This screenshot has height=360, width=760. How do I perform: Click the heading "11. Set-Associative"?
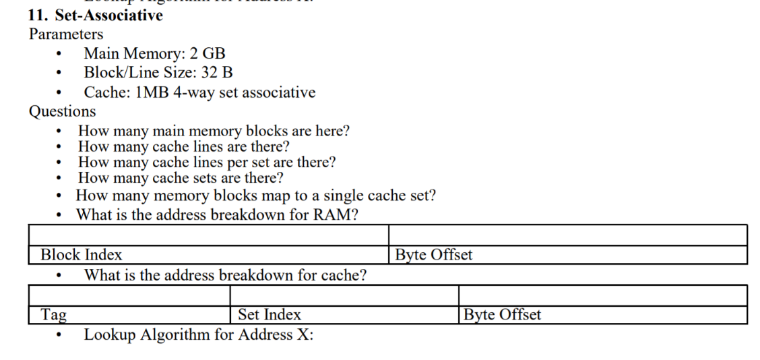tap(95, 16)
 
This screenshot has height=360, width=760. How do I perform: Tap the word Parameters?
tap(66, 34)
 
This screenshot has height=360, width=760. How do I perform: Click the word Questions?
tap(62, 111)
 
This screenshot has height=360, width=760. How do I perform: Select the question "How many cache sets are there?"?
tap(181, 179)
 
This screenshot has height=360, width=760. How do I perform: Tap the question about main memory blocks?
tap(214, 130)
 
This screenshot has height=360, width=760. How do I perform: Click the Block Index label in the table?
tap(82, 255)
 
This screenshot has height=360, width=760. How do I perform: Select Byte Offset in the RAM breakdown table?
tap(433, 255)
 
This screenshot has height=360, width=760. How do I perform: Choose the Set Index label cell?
tap(270, 315)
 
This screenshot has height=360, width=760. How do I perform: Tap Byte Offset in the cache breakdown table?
tap(503, 315)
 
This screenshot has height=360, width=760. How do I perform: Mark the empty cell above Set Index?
tap(344, 295)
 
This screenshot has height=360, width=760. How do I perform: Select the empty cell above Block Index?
tap(209, 235)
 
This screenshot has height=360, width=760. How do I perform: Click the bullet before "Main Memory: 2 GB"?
tap(61, 54)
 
